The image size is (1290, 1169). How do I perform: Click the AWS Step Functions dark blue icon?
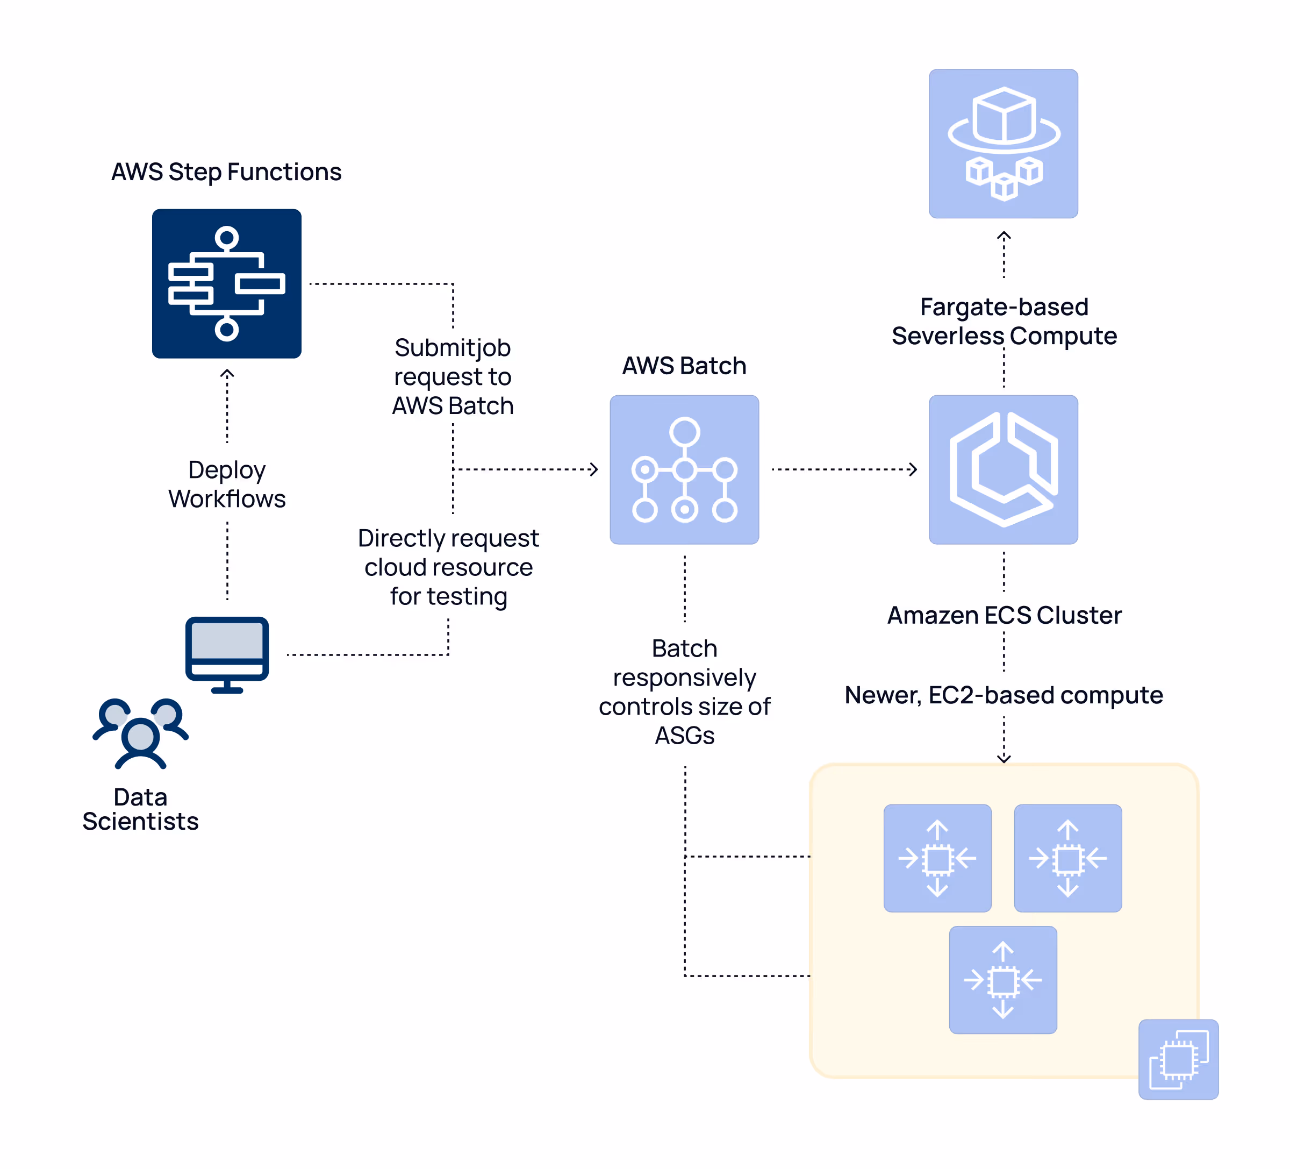(x=226, y=283)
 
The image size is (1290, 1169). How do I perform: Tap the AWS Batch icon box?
(x=684, y=469)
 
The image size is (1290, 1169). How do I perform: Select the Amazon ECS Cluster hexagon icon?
(x=1004, y=469)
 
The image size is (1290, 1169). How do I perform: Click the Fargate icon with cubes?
(x=1004, y=144)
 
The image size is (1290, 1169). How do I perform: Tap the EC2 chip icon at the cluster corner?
(x=1179, y=1059)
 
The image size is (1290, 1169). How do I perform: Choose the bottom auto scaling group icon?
(x=1002, y=980)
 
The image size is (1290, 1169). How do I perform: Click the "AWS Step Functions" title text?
(x=226, y=172)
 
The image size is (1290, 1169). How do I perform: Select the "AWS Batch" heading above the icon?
(x=684, y=366)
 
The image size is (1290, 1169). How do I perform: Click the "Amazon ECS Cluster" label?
(x=1004, y=615)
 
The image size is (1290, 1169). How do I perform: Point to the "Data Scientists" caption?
(x=141, y=809)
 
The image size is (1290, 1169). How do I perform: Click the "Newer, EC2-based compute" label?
(x=1004, y=695)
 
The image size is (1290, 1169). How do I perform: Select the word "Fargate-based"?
(x=1004, y=307)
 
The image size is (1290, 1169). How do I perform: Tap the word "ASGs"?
(x=684, y=736)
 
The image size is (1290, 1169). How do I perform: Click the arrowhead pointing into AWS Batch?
(x=594, y=469)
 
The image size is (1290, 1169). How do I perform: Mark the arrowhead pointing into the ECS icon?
(x=913, y=469)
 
